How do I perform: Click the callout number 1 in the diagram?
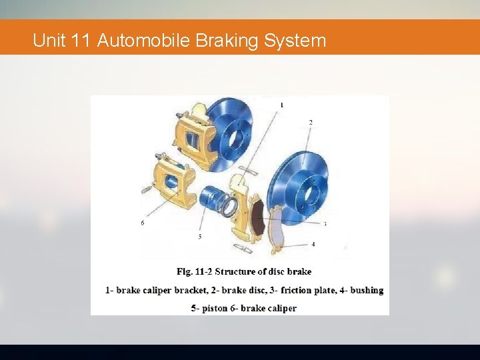pos(282,105)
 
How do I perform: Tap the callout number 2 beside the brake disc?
pos(310,122)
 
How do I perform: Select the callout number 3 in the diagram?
pos(325,224)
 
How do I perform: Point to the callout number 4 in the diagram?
pos(313,244)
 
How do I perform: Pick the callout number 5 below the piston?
pos(200,236)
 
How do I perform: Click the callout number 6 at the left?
pos(142,223)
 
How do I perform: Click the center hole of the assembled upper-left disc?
pos(235,140)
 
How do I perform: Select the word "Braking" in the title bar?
pos(227,41)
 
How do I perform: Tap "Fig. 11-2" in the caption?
pos(195,271)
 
